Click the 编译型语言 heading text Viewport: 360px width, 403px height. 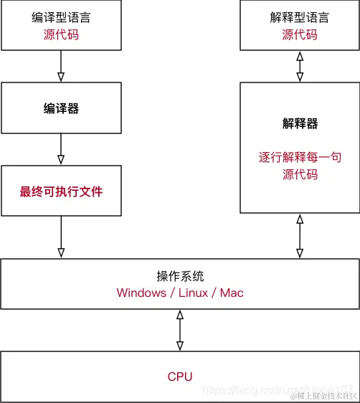(60, 17)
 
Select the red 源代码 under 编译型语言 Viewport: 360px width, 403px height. (60, 34)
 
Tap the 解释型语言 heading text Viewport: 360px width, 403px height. (299, 17)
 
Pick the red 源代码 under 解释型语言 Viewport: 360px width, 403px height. (299, 34)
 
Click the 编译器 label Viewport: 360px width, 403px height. (60, 109)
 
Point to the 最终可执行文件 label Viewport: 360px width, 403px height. (60, 191)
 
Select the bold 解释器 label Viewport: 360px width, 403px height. (299, 123)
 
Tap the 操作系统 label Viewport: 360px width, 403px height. (180, 276)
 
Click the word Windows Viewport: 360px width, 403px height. (142, 293)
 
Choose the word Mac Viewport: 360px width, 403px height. (232, 293)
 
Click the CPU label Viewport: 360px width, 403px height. (180, 376)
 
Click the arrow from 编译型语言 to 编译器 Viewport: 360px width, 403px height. (60, 66)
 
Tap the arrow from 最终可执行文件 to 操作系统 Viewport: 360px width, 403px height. (60, 237)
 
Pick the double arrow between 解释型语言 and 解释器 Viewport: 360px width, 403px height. (299, 66)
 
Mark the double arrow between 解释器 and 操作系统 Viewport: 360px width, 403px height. (299, 237)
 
